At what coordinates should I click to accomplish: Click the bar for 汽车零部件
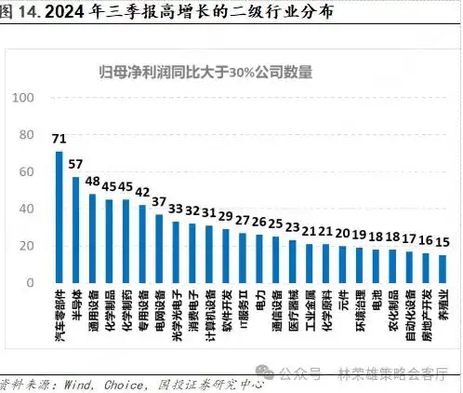point(60,217)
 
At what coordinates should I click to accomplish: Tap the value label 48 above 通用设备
point(93,182)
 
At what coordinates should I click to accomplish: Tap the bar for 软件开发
point(226,256)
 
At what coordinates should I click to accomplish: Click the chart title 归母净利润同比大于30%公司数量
point(206,71)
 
